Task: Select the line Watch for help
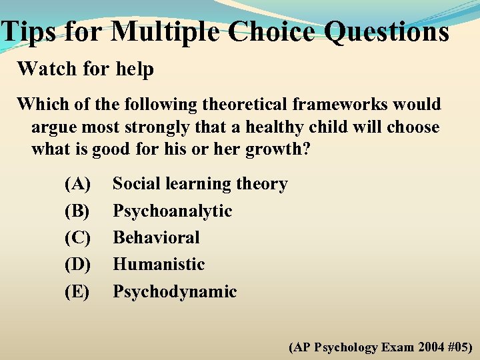(x=85, y=69)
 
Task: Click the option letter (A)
(x=77, y=184)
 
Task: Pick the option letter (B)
(x=77, y=211)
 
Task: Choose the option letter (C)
(x=77, y=237)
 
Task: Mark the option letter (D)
(x=77, y=264)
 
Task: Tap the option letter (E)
(x=77, y=291)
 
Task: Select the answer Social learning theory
(x=200, y=184)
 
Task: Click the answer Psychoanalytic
(x=172, y=211)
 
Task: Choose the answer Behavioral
(x=156, y=237)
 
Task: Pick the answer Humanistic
(x=159, y=264)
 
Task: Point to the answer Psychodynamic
(x=175, y=291)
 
